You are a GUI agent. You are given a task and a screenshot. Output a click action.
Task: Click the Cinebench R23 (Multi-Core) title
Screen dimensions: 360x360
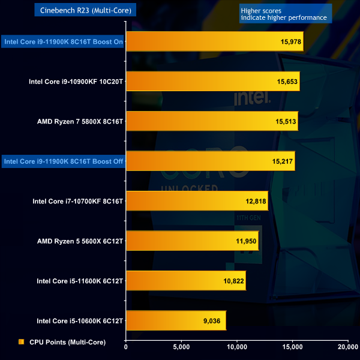coord(88,10)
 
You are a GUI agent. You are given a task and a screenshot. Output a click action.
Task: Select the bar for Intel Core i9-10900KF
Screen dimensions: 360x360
coord(212,82)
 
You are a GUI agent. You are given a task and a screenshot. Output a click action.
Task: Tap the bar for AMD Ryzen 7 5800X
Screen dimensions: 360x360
coord(212,121)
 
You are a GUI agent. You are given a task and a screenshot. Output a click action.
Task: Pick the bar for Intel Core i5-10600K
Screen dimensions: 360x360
coord(176,321)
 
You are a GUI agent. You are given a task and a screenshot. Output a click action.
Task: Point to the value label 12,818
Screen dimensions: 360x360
coord(255,202)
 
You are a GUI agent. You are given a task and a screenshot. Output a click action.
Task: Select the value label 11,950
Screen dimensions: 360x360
coord(245,241)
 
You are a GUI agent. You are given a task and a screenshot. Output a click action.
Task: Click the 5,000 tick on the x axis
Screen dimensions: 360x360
coord(181,347)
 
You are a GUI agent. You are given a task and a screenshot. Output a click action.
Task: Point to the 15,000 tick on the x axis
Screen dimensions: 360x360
coord(292,347)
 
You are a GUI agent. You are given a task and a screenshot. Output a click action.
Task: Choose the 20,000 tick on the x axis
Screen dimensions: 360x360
coord(347,347)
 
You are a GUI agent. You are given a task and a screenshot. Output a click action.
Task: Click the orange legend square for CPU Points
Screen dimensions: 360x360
coord(22,342)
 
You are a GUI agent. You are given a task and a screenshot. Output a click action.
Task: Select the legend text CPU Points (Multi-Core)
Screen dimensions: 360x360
coord(67,342)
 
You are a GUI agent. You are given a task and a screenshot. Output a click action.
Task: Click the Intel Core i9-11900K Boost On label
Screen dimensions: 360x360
coord(64,42)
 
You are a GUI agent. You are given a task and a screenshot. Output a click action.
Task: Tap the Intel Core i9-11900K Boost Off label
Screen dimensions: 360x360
coord(64,161)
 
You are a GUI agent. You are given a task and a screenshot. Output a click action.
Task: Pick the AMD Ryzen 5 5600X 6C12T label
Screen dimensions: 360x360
coord(80,241)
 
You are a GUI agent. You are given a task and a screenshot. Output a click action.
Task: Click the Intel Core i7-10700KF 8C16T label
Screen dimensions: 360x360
coord(78,202)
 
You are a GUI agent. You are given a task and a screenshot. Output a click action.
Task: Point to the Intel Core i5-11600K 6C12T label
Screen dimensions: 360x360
coord(80,281)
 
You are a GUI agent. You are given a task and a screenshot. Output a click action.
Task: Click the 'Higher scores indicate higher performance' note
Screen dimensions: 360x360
coord(284,14)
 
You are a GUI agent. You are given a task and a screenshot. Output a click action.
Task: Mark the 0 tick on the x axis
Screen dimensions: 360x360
coord(126,347)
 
